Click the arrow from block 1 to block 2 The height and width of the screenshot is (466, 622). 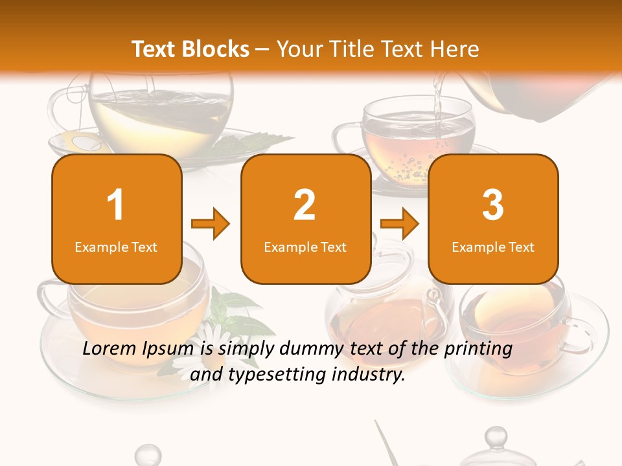click(211, 225)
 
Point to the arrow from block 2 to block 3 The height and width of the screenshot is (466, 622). click(400, 225)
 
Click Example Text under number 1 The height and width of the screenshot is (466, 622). click(116, 247)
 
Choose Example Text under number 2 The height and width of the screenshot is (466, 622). click(305, 247)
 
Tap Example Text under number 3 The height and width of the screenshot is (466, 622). click(493, 247)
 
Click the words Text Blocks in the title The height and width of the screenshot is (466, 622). click(190, 49)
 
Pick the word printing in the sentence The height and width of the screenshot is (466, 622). click(478, 349)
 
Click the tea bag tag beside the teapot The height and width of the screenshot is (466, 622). click(76, 141)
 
